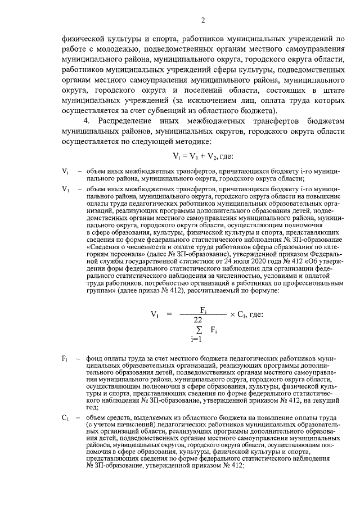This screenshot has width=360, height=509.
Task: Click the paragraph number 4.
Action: [86, 121]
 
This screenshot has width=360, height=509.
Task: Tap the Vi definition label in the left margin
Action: [65, 170]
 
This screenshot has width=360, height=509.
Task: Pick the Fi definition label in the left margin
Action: [65, 358]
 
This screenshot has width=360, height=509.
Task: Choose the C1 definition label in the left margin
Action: [65, 418]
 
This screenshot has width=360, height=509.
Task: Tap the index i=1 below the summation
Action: [196, 339]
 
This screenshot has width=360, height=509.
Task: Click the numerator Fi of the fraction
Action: [204, 309]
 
